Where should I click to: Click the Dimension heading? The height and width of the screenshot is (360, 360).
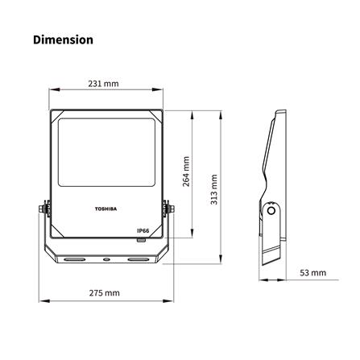pyautogui.click(x=63, y=39)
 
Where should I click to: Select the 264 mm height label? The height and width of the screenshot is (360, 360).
pyautogui.click(x=186, y=172)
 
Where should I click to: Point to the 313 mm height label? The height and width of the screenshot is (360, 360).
pyautogui.click(x=213, y=190)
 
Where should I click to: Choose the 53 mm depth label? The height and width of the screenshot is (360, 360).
pyautogui.click(x=314, y=273)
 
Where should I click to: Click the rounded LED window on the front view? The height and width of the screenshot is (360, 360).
pyautogui.click(x=106, y=151)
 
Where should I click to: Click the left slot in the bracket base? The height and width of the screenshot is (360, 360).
pyautogui.click(x=73, y=260)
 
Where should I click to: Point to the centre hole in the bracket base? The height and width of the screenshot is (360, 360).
pyautogui.click(x=106, y=260)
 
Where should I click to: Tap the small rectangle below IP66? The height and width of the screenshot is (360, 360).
pyautogui.click(x=141, y=238)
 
